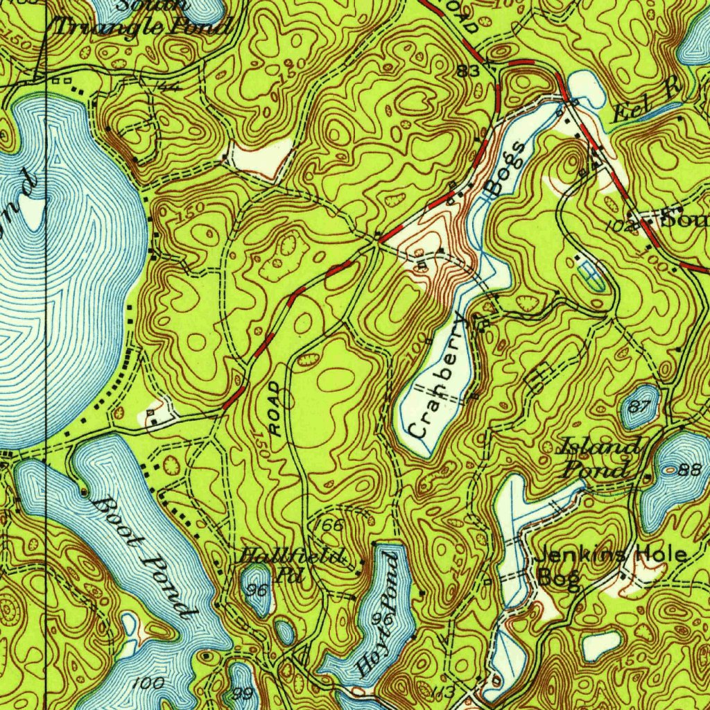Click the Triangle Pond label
click(144, 26)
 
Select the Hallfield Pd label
click(291, 564)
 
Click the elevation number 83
click(469, 71)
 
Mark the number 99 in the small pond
click(243, 694)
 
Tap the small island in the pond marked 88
click(669, 469)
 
